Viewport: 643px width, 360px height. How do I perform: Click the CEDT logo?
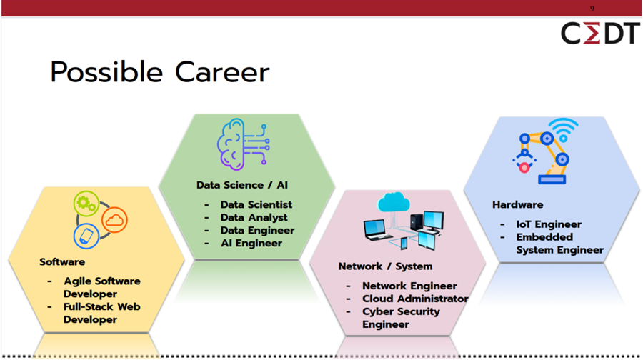pos(599,34)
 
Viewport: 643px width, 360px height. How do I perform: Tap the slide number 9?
pos(592,9)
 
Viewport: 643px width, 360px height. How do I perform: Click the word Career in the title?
pos(222,73)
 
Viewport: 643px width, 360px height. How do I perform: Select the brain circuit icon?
pos(243,146)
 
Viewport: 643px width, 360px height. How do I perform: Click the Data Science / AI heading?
pos(242,185)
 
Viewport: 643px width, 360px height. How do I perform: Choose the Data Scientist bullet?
pos(256,205)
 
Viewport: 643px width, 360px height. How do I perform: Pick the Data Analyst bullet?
pos(254,218)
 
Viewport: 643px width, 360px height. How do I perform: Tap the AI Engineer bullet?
pos(251,244)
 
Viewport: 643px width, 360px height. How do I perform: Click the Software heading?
pos(62,262)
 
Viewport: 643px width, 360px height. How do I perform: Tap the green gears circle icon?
pos(86,204)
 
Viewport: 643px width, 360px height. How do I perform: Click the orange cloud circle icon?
pos(114,220)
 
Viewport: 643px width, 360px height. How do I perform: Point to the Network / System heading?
pos(385,266)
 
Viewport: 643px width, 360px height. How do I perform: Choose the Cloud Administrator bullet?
pos(415,299)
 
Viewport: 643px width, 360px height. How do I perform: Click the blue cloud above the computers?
pos(394,203)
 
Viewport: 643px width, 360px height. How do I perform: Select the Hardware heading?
pos(517,205)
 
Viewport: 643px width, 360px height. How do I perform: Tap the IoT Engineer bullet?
pos(549,224)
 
